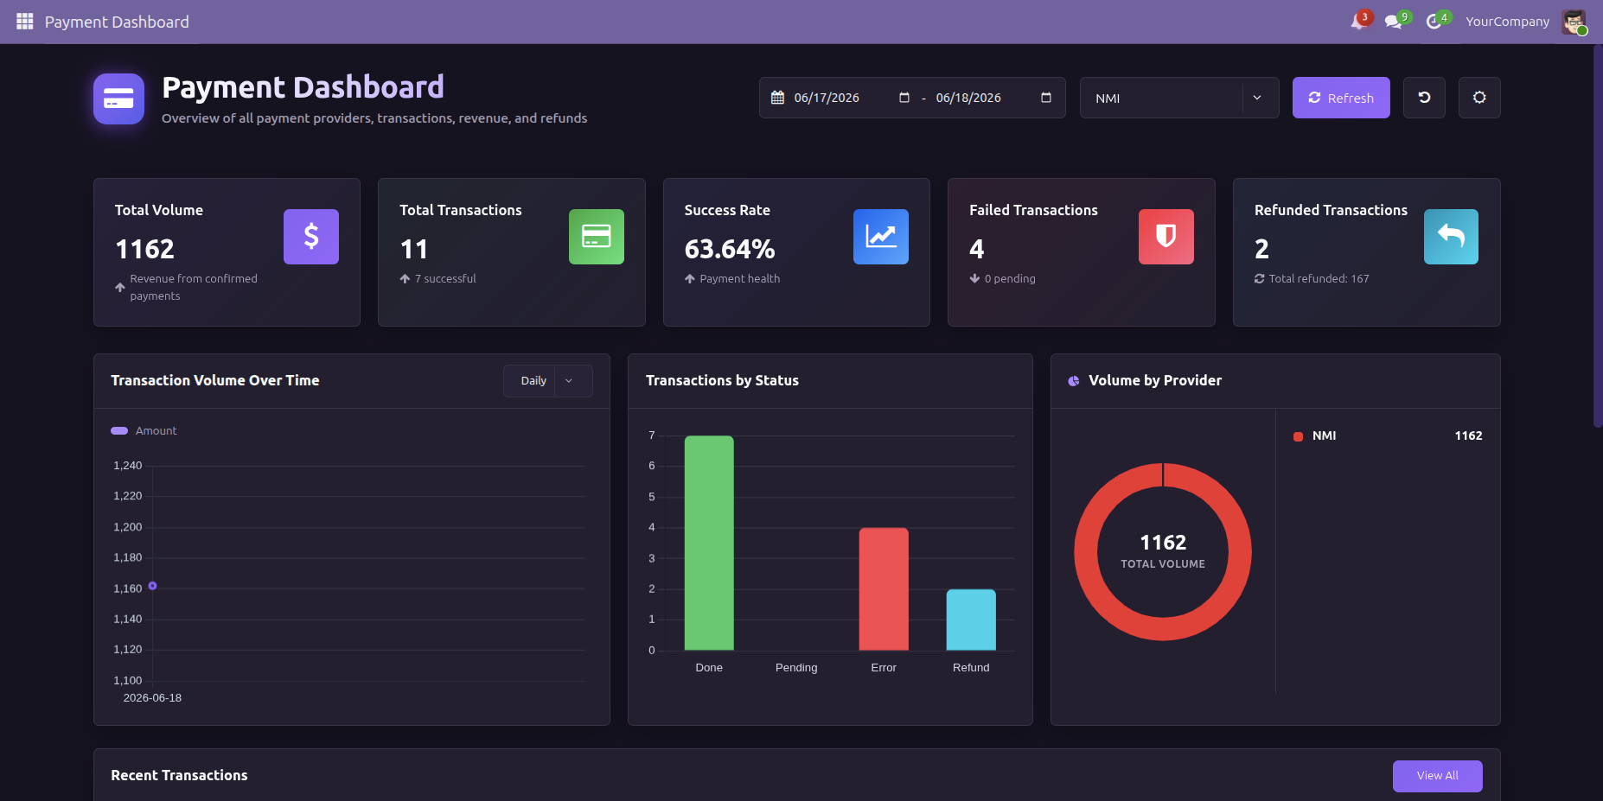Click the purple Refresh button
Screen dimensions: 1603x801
pos(1341,98)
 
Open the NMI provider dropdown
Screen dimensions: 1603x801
pos(1179,98)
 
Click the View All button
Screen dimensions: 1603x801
pos(1437,776)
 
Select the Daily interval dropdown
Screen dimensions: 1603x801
pos(547,381)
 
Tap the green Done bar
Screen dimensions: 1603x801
pos(709,543)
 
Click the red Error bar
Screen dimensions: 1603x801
pos(884,588)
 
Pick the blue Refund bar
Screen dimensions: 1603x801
pos(971,620)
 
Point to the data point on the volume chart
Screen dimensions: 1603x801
pos(152,586)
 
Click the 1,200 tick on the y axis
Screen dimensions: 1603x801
pos(128,527)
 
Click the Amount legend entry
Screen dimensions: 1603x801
pos(144,430)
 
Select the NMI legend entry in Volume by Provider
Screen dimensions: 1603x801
pos(1314,436)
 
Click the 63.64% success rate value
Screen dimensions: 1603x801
pos(730,249)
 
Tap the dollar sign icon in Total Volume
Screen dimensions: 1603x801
pos(311,237)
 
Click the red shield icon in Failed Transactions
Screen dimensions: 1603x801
pos(1166,237)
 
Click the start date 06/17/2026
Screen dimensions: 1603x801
pos(827,98)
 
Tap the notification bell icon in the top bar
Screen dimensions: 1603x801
pos(1357,22)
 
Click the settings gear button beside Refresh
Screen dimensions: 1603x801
pos(1479,98)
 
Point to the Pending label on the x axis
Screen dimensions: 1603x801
pos(796,668)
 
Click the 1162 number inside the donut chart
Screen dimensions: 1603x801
pos(1163,543)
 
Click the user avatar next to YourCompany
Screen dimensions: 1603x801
pos(1574,22)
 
